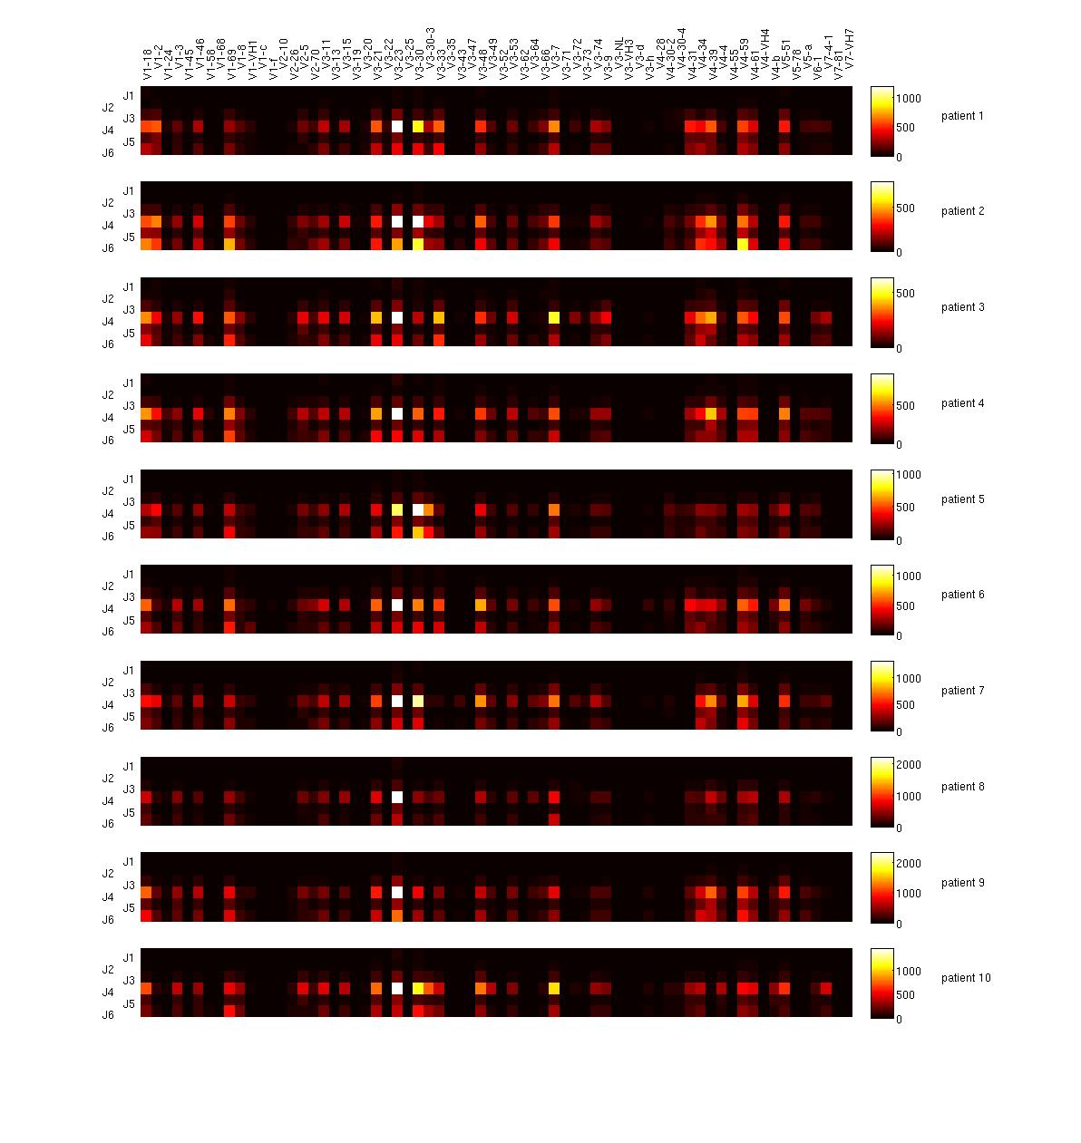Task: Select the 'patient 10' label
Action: pyautogui.click(x=965, y=978)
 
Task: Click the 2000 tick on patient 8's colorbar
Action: pyautogui.click(x=909, y=765)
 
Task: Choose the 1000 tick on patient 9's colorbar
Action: pyautogui.click(x=909, y=893)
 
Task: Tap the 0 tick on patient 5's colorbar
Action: pyautogui.click(x=901, y=540)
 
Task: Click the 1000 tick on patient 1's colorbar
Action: pyautogui.click(x=909, y=99)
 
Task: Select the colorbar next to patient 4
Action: pyautogui.click(x=881, y=409)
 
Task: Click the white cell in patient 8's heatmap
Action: pyautogui.click(x=396, y=797)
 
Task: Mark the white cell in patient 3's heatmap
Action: pyautogui.click(x=396, y=318)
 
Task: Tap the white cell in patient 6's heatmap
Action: pyautogui.click(x=396, y=605)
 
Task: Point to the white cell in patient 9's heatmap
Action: pyautogui.click(x=396, y=892)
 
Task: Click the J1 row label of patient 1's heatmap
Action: pyautogui.click(x=129, y=95)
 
